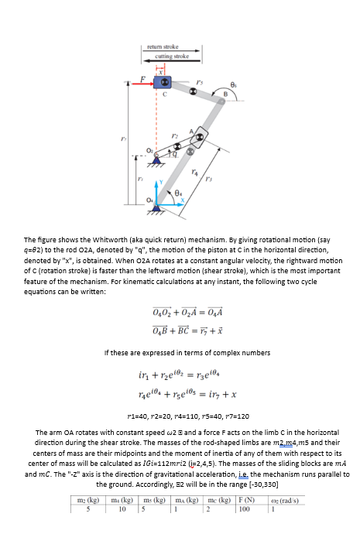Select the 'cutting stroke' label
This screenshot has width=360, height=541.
(x=171, y=56)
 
